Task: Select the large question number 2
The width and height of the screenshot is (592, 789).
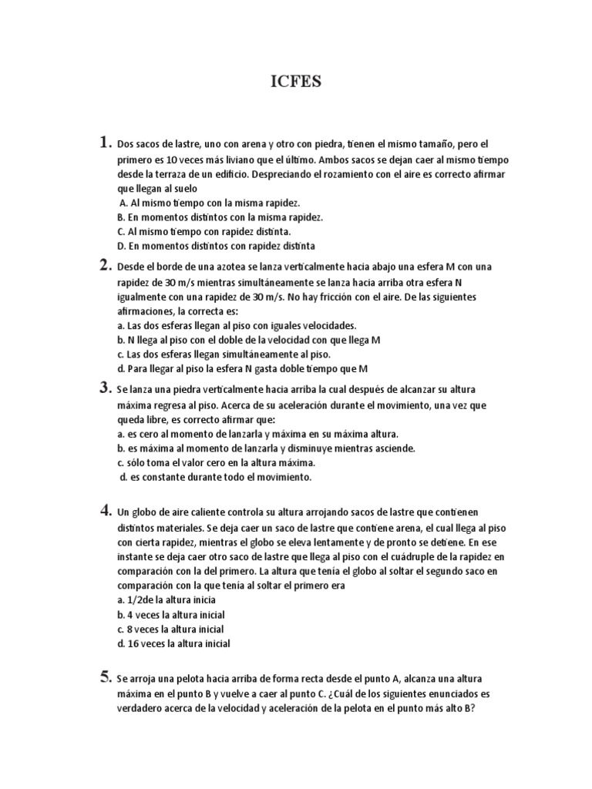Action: pos(105,265)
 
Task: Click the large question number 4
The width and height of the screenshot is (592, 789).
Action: pos(105,509)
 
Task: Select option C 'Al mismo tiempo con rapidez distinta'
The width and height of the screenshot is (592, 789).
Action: pos(204,231)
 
